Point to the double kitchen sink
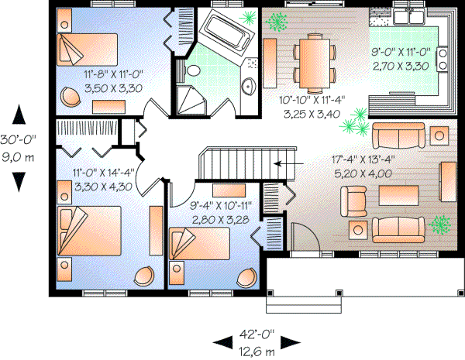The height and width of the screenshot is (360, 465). click(407, 17)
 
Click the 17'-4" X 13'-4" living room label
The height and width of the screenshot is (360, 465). click(363, 166)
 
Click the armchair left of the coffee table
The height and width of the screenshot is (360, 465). click(356, 201)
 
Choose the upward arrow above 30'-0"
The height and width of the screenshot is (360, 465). click(19, 115)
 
